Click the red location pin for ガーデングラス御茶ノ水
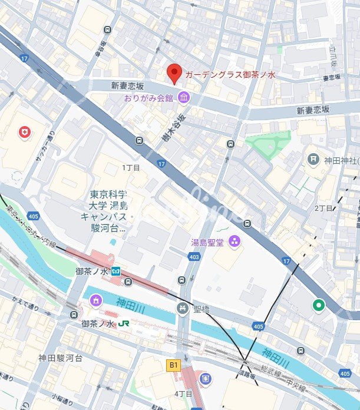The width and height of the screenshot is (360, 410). coord(174,73)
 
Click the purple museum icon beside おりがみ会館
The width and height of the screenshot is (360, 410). coord(184,97)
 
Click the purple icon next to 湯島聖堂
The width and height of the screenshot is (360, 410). coord(235,240)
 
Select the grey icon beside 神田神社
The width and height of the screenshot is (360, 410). coord(313,160)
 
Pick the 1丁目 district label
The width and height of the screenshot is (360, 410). coord(131,168)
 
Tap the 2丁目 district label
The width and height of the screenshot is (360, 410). coord(323,209)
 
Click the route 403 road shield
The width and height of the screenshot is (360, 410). coord(194,256)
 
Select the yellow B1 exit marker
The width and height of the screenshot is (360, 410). coord(174,365)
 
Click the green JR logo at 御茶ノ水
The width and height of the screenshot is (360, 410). coord(124,324)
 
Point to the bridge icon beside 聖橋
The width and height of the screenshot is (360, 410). coord(183,308)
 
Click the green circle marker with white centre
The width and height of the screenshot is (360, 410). coord(319,305)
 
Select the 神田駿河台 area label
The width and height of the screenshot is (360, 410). coord(61,358)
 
